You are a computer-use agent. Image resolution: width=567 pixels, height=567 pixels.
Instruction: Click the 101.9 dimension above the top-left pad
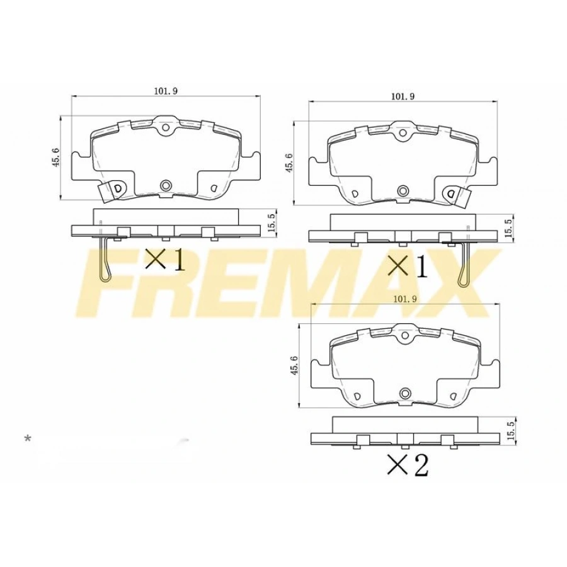[166, 91]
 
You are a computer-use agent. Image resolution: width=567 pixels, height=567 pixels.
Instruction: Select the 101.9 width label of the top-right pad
[403, 96]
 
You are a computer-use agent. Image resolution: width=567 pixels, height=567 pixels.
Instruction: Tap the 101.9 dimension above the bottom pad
[404, 299]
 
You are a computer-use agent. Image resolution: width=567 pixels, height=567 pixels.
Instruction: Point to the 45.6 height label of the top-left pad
[55, 157]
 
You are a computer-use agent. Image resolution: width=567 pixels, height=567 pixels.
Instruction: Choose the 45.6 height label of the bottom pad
[294, 365]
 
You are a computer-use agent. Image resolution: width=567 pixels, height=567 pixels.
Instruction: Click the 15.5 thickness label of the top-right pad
[508, 229]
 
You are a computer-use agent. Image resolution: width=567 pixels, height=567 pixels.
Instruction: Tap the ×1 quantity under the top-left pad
[165, 260]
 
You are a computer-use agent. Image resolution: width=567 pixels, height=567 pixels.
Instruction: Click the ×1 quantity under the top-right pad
[406, 266]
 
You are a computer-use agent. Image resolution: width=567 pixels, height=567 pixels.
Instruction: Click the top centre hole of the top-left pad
[166, 129]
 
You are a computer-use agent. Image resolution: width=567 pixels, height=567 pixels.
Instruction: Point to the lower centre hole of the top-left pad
[166, 185]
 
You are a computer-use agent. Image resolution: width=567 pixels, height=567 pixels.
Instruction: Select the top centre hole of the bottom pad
[404, 337]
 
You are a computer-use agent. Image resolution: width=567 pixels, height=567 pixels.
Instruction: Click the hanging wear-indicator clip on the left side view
[106, 258]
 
